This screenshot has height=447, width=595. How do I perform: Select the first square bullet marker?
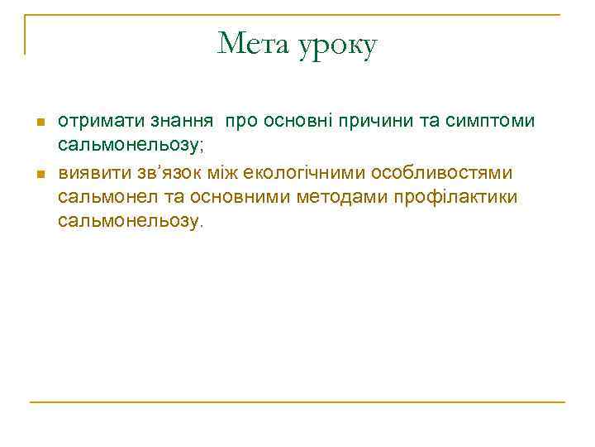pos(39,123)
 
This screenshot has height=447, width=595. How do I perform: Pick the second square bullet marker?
pos(39,174)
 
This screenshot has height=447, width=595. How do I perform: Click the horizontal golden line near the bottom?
pos(297,402)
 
